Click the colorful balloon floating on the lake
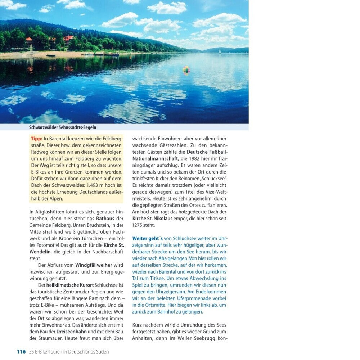click(186, 70)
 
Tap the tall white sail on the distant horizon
click(220, 51)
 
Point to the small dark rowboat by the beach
click(51, 55)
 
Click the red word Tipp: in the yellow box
click(37, 139)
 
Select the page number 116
click(21, 352)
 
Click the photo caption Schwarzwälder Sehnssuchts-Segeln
click(63, 127)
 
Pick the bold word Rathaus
click(105, 219)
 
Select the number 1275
click(139, 225)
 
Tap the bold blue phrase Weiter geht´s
click(147, 238)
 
